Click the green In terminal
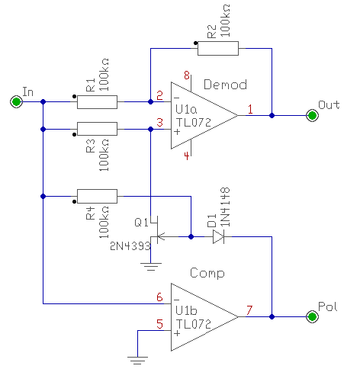pyautogui.click(x=16, y=101)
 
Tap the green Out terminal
pyautogui.click(x=312, y=116)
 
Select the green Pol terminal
pyautogui.click(x=312, y=316)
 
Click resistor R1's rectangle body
pyautogui.click(x=97, y=102)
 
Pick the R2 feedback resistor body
pyautogui.click(x=218, y=48)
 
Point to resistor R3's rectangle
pyautogui.click(x=97, y=129)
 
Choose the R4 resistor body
pyautogui.click(x=97, y=196)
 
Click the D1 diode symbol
pyautogui.click(x=218, y=237)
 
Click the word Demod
pyautogui.click(x=225, y=85)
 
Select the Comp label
pyautogui.click(x=207, y=274)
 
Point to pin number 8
pyautogui.click(x=187, y=75)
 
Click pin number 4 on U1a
pyautogui.click(x=187, y=156)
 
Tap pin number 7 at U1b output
pyautogui.click(x=249, y=310)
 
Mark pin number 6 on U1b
pyautogui.click(x=159, y=297)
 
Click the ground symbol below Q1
pyautogui.click(x=151, y=267)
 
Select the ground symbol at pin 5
pyautogui.click(x=137, y=361)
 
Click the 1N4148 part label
pyautogui.click(x=225, y=207)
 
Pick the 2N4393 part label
pyautogui.click(x=130, y=246)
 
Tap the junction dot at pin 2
pyautogui.click(x=150, y=102)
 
